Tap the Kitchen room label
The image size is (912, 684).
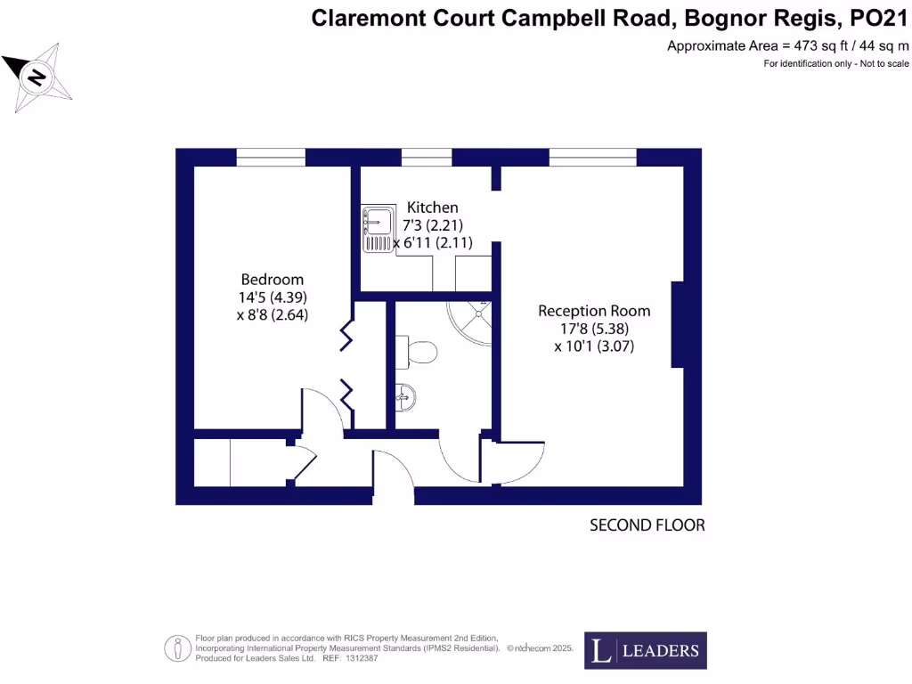pos(432,208)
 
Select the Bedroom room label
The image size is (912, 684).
pos(272,279)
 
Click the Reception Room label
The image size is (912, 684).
pos(594,311)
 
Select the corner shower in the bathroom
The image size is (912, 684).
pos(471,320)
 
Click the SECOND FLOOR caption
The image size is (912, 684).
pos(647,525)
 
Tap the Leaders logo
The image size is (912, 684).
pos(646,650)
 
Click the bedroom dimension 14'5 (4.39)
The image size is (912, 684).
pos(273,297)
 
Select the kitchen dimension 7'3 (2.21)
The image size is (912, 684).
pos(433,224)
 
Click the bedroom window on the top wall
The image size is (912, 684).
pos(271,158)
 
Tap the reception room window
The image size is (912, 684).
pos(592,158)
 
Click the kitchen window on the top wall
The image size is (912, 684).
pos(426,158)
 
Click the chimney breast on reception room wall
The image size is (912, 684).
pos(678,324)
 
